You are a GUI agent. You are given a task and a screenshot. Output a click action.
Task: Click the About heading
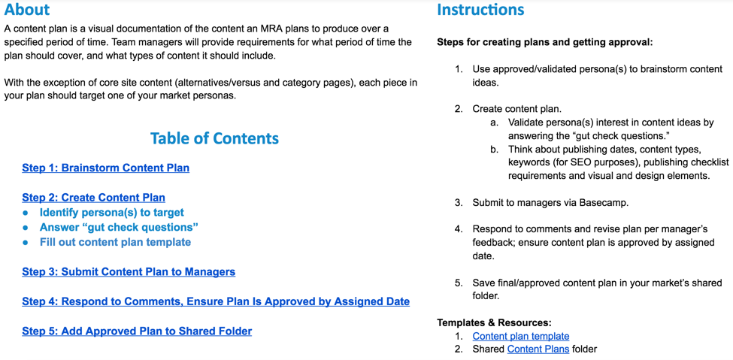pos(26,9)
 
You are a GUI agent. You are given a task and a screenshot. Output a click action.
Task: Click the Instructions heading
pos(480,9)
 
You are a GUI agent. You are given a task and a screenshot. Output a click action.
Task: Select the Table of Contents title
pos(214,138)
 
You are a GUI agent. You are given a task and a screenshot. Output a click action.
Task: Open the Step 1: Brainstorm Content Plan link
pos(106,168)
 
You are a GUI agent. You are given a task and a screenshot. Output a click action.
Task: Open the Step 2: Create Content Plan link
pos(93,198)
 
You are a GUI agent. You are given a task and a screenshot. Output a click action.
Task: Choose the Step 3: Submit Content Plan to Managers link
pos(129,271)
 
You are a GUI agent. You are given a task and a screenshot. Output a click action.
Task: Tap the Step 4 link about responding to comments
pos(216,301)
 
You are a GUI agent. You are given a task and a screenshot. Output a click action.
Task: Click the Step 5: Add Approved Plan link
pos(137,331)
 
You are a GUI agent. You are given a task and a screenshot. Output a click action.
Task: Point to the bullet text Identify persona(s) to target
pos(112,213)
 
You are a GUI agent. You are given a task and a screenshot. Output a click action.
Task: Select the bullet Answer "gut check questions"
pos(120,228)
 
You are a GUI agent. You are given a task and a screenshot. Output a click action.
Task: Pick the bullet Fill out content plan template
pos(116,242)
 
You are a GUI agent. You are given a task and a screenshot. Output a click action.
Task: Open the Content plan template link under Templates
pos(521,336)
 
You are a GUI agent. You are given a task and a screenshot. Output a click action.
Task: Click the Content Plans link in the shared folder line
pos(538,349)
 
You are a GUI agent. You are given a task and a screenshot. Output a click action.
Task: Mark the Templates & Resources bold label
pos(494,323)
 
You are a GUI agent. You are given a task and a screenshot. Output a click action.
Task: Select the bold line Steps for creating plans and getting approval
pos(544,43)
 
